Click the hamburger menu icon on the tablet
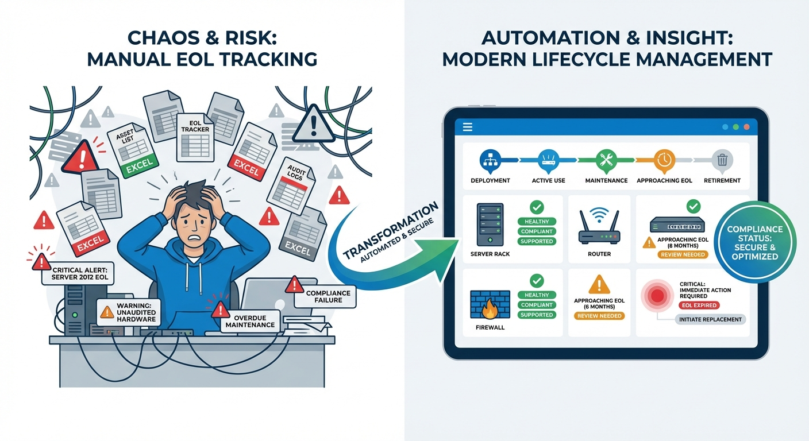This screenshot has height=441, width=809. point(467,127)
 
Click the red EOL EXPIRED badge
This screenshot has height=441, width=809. point(698,305)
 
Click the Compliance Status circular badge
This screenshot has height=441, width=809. point(754,242)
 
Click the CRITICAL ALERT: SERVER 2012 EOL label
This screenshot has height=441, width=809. point(79,273)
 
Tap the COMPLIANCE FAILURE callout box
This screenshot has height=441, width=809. point(328,297)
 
